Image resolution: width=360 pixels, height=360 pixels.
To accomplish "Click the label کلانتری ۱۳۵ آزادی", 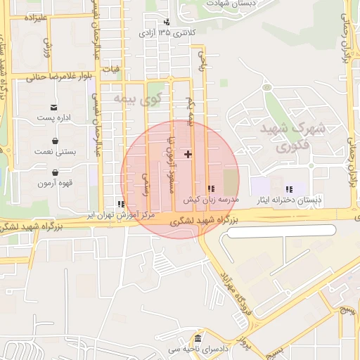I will tap(167, 33).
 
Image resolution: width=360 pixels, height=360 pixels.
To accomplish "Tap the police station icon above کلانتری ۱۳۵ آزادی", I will tap(167, 22).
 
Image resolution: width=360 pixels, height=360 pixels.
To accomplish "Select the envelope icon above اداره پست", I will tap(54, 107).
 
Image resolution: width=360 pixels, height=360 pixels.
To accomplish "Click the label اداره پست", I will tap(54, 117).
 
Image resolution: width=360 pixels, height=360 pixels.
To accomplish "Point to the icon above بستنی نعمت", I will tap(54, 140).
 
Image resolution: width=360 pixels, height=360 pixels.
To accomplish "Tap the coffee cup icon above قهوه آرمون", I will tap(54, 172).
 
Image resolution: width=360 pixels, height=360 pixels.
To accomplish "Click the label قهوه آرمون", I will tap(54, 183).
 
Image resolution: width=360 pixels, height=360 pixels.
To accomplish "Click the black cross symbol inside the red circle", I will tap(188, 153).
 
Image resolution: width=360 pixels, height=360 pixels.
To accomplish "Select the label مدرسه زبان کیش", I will tap(212, 200).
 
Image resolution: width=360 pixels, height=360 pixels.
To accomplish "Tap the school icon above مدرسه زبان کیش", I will tap(212, 189).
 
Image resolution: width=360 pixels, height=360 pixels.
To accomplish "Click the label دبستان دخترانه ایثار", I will tap(290, 200).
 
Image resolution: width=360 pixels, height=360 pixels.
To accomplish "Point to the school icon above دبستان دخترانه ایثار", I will tap(289, 189).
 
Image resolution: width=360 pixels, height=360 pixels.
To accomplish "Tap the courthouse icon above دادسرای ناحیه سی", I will tap(199, 339).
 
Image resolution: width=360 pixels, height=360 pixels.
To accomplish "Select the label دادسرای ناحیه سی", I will tap(199, 349).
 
